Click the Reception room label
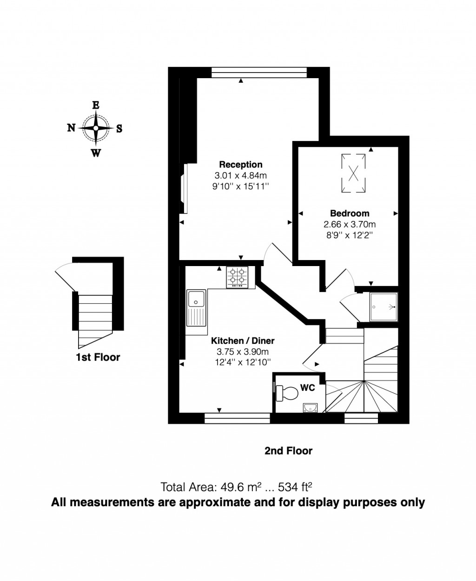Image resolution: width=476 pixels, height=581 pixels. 241,164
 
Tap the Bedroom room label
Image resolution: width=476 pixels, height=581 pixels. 350,213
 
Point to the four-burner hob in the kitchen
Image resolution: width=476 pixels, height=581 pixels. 238,278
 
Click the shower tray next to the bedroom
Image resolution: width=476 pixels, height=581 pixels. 384,307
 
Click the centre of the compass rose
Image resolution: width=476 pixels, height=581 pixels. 95,128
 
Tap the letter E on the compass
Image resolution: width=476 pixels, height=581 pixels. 95,105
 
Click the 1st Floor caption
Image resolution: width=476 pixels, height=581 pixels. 98,357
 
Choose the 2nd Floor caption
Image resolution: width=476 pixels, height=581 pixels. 288,450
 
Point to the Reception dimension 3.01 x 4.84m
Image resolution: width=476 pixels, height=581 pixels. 241,175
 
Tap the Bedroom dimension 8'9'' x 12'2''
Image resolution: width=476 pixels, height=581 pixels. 350,235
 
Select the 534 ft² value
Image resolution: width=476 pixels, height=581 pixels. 295,487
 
